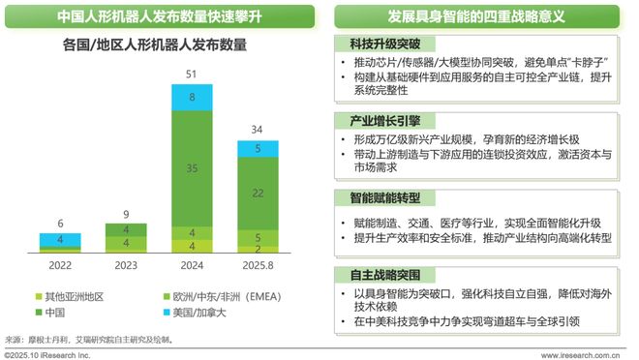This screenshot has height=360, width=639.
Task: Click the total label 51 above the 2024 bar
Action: [191, 75]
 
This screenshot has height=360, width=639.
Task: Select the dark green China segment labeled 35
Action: [191, 167]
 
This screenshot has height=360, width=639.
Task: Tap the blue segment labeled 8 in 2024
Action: [191, 97]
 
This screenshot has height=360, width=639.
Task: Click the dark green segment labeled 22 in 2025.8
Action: [256, 194]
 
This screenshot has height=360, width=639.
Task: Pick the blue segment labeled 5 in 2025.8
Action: [256, 149]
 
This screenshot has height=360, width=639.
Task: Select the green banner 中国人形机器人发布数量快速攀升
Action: [159, 16]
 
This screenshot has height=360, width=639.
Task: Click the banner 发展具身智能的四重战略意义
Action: [476, 16]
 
